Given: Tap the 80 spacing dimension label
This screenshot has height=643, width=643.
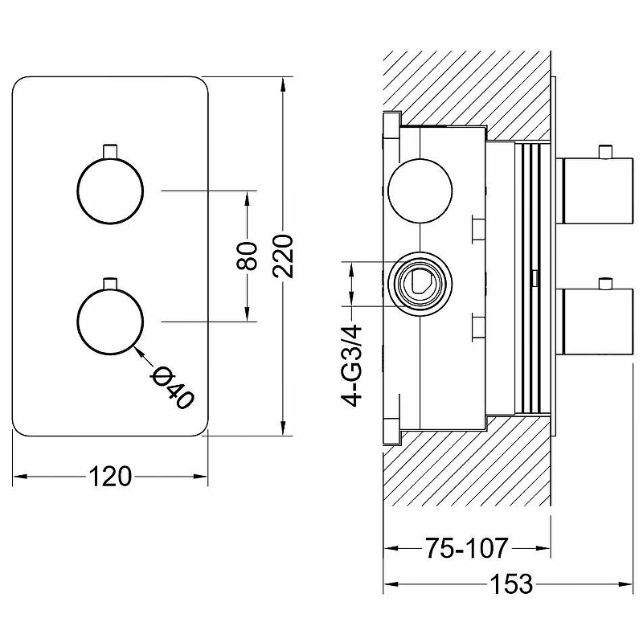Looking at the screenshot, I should (x=248, y=256).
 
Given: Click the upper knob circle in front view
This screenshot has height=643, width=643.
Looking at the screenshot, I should (x=109, y=190).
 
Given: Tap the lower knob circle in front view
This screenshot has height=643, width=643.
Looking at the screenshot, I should (x=109, y=321).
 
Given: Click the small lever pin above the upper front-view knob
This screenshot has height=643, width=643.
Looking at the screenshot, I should (x=109, y=150).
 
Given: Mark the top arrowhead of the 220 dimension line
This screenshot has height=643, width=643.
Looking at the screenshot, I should (x=282, y=83).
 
